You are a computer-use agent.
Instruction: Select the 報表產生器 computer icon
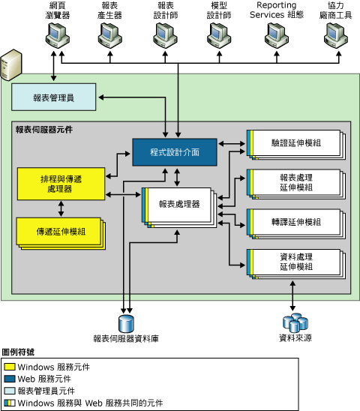tap(110, 34)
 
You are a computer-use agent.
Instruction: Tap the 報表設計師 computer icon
tap(165, 34)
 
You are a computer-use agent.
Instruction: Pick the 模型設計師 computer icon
tap(217, 34)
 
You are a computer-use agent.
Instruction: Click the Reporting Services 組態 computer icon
tap(276, 34)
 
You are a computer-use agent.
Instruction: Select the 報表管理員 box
tap(53, 96)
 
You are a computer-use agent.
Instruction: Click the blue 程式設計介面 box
tap(175, 151)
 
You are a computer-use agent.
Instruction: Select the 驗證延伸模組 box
tap(294, 142)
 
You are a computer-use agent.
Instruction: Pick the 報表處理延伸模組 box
tap(294, 183)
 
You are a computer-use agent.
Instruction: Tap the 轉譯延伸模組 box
tap(294, 222)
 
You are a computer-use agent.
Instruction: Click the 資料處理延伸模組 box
tap(294, 262)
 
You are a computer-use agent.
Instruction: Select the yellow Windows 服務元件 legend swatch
tap(10, 367)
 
